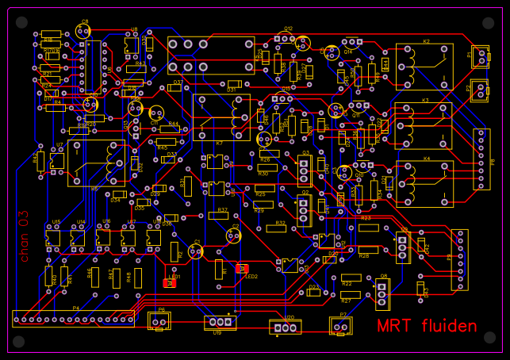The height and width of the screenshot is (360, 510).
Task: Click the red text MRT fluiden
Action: (x=427, y=326)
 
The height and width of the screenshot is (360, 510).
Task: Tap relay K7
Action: (x=221, y=117)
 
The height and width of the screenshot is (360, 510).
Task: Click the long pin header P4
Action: (x=73, y=318)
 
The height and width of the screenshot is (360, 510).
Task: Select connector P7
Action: (x=342, y=324)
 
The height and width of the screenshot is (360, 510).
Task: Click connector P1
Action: (x=480, y=56)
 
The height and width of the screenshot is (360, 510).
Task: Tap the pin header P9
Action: (x=458, y=260)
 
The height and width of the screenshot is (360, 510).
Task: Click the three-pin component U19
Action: (x=220, y=322)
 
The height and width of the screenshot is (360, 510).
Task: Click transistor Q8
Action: (x=383, y=293)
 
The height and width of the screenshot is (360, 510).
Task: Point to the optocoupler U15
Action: (x=53, y=236)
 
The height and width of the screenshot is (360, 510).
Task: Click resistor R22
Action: (x=351, y=278)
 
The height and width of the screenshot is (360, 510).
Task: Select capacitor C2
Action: (x=232, y=235)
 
